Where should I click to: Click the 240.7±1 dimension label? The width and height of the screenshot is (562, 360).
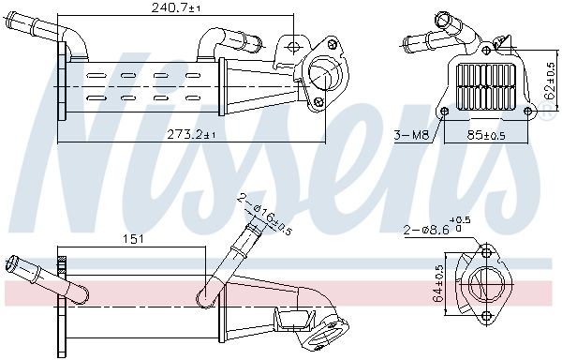pyautogui.click(x=182, y=8)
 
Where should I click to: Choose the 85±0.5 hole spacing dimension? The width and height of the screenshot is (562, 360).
pyautogui.click(x=485, y=135)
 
